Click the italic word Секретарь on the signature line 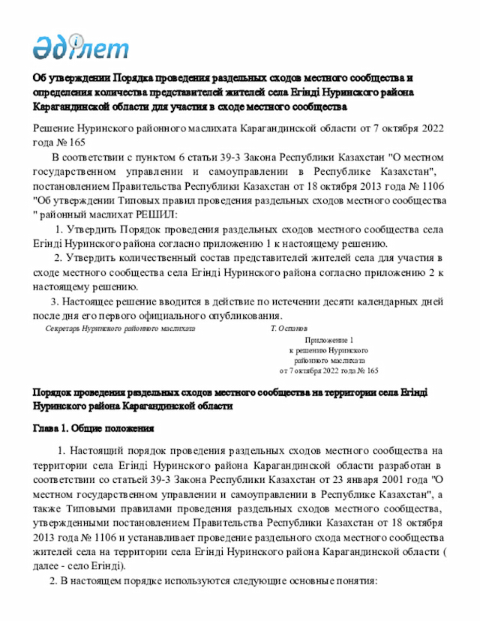click(x=62, y=328)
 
